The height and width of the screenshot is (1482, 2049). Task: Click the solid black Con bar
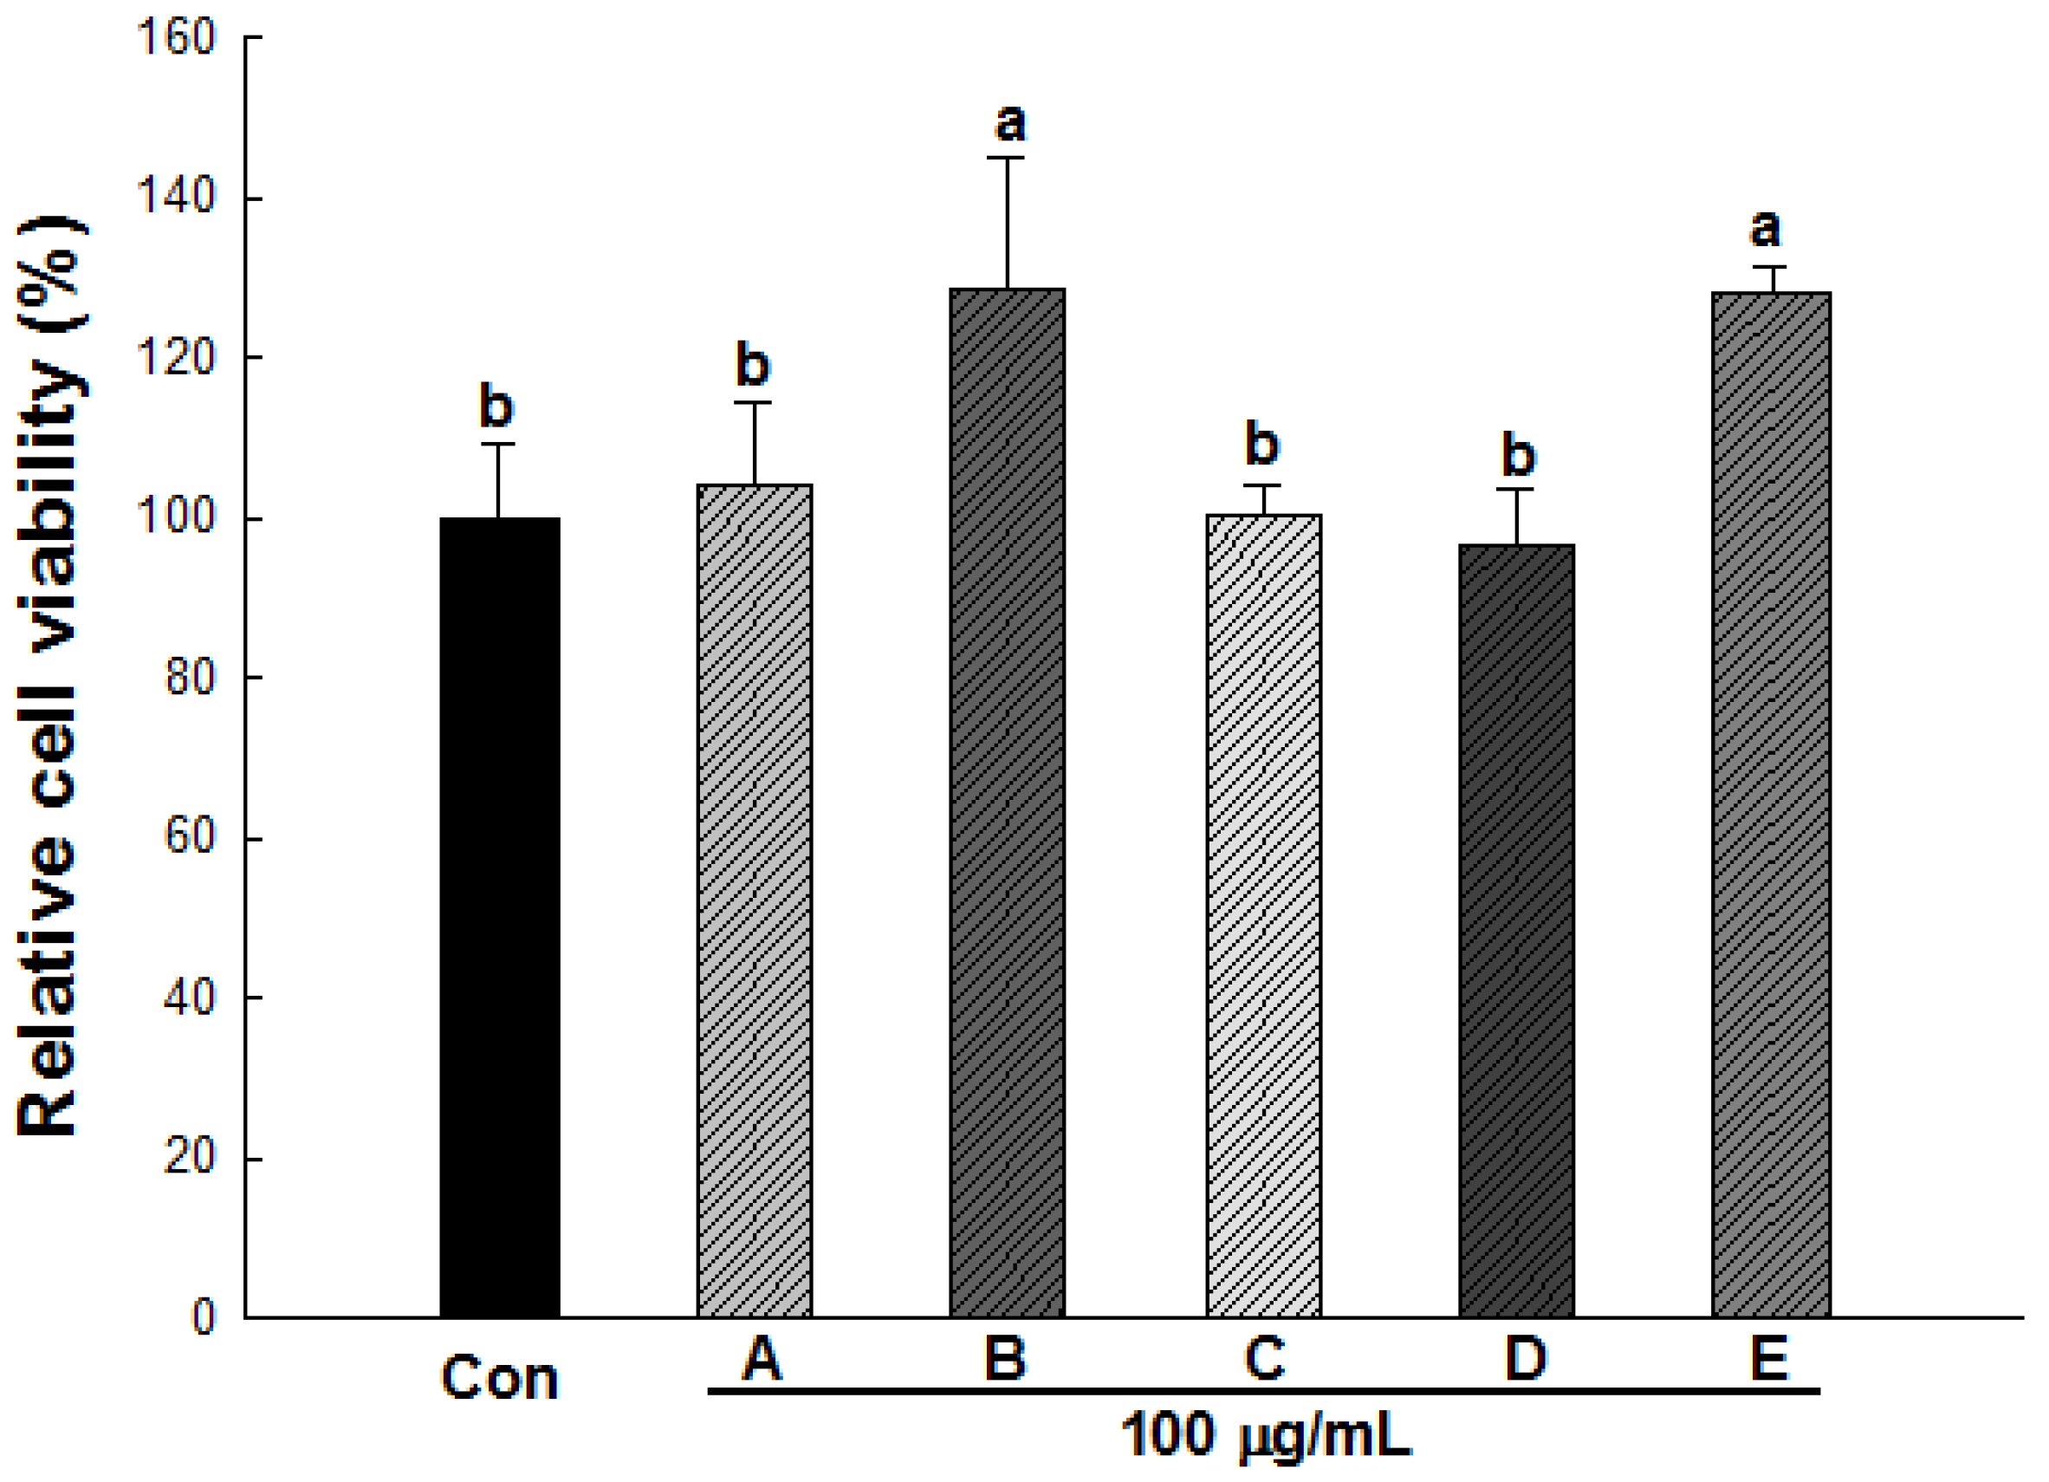click(x=500, y=917)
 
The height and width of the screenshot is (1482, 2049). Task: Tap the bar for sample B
click(x=1007, y=803)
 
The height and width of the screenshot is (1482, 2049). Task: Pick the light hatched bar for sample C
click(x=1263, y=915)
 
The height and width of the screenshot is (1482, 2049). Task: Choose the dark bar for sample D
click(x=1516, y=931)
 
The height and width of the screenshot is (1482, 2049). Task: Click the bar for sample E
click(x=1771, y=804)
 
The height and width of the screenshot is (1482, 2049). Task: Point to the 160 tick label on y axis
click(x=176, y=37)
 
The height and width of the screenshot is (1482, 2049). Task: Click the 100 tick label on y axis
click(x=176, y=517)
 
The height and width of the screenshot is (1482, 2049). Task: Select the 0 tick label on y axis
click(x=204, y=1316)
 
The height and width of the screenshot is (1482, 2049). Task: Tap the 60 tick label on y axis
click(x=190, y=837)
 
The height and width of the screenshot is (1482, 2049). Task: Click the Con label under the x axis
click(x=500, y=1379)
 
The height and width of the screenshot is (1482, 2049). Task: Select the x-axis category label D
click(x=1525, y=1357)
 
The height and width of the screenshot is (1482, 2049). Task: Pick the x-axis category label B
click(x=1005, y=1357)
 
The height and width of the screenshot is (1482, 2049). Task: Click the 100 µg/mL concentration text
click(x=1265, y=1435)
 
